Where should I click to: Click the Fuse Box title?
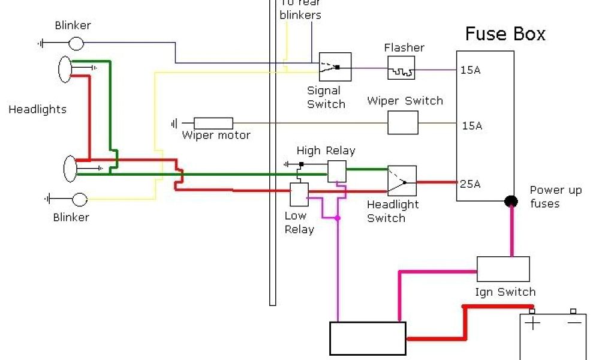[505, 34]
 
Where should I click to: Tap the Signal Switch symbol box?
[335, 67]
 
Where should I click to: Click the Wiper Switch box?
[403, 122]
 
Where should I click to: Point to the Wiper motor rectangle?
[213, 123]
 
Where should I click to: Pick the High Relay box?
[336, 171]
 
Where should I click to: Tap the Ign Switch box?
[503, 269]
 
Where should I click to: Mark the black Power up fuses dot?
[511, 201]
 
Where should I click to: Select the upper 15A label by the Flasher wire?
[471, 70]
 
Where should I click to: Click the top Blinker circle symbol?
[76, 43]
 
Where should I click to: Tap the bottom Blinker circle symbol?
[80, 199]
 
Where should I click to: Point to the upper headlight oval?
[65, 69]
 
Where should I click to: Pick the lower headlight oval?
[70, 169]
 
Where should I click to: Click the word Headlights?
[37, 110]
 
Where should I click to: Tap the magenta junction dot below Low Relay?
[338, 218]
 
